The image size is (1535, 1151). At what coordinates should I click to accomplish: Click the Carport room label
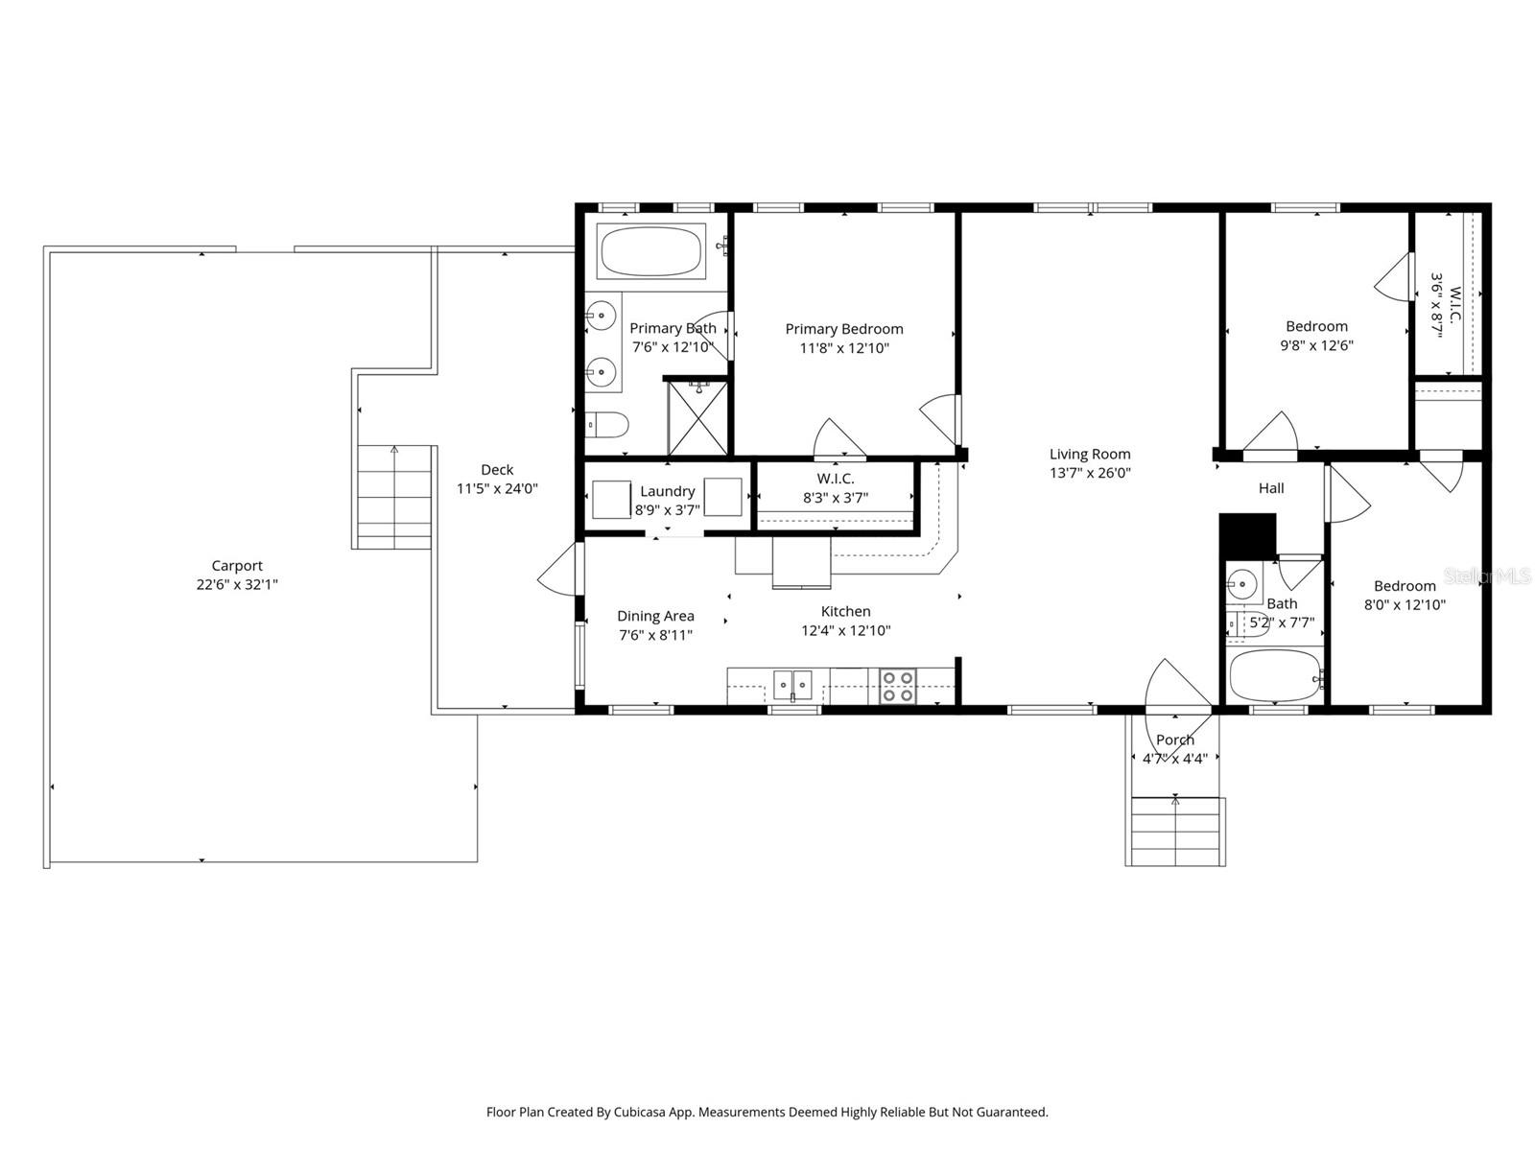coord(237,566)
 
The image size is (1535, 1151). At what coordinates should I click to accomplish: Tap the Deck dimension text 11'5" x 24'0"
coord(497,488)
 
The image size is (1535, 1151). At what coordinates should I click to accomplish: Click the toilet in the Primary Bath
coord(606,423)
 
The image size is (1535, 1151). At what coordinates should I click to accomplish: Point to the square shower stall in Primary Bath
coord(697,418)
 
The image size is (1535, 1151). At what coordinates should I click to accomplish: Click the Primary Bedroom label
coord(844,329)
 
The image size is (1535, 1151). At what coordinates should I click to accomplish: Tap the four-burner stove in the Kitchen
coord(898,687)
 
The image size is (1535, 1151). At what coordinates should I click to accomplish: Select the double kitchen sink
coord(792,685)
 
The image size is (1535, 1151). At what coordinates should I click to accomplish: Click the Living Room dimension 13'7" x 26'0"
coord(1090,473)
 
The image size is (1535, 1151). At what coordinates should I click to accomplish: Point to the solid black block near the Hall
coord(1246,536)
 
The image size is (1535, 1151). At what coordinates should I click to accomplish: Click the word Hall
coord(1271,488)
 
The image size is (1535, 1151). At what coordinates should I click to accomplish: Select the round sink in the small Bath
coord(1242,582)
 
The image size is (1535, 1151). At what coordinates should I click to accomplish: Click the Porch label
coord(1175,740)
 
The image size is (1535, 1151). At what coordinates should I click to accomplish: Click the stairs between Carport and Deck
coord(393,497)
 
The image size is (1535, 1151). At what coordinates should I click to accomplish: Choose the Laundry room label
coord(668,491)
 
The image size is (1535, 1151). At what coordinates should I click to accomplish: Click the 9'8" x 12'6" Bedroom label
coord(1316,326)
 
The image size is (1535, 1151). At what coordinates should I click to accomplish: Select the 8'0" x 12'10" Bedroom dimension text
coord(1405,604)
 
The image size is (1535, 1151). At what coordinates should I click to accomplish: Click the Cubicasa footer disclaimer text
coord(767,1113)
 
